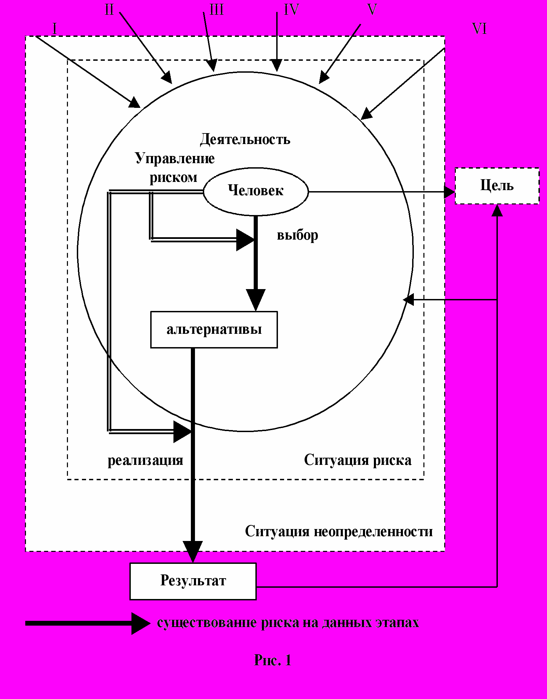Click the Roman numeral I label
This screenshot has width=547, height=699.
pyautogui.click(x=55, y=29)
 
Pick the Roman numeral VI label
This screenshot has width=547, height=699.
pyautogui.click(x=480, y=29)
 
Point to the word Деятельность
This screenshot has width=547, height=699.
pyautogui.click(x=245, y=140)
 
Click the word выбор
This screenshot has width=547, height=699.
pyautogui.click(x=297, y=235)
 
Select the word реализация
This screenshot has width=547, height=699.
pyautogui.click(x=145, y=460)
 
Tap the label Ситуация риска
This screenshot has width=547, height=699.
pyautogui.click(x=358, y=460)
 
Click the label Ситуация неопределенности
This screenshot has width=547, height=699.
pyautogui.click(x=339, y=531)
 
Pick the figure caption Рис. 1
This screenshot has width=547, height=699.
pyautogui.click(x=273, y=660)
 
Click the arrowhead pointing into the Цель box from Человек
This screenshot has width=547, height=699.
pyautogui.click(x=449, y=192)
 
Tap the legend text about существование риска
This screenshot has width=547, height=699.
pyautogui.click(x=288, y=623)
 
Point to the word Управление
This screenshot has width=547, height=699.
pyautogui.click(x=175, y=158)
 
